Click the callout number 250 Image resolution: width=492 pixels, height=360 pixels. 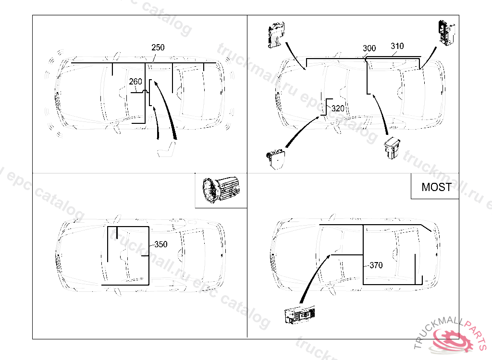158,48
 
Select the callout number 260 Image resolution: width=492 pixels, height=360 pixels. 135,82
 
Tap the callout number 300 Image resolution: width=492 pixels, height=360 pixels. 369,48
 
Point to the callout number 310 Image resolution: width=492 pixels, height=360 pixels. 397,47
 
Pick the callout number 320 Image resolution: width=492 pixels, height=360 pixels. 338,109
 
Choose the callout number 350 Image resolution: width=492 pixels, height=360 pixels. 161,244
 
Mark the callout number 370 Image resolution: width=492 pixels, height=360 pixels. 376,265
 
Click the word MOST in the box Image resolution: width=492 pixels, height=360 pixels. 436,187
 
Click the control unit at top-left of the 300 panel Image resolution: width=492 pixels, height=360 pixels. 276,35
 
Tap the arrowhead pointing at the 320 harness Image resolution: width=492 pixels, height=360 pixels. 323,116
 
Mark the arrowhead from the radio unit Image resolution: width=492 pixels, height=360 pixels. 330,256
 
